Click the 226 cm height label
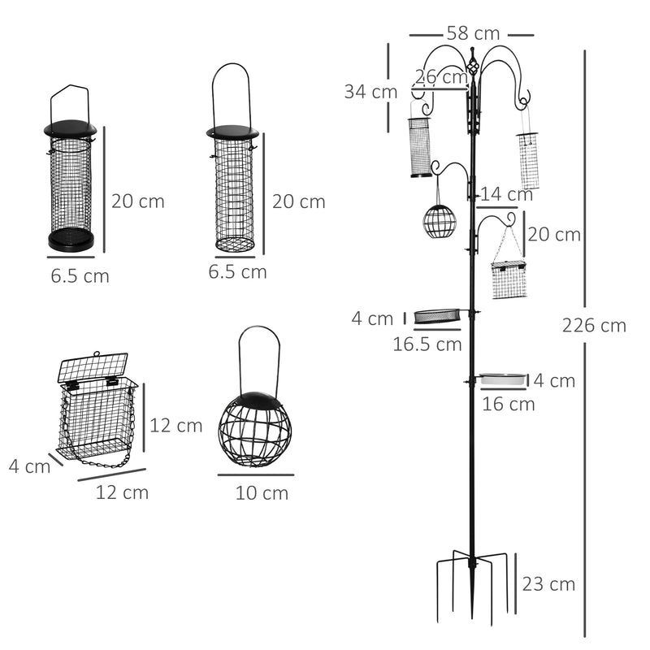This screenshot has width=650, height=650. [x=593, y=325]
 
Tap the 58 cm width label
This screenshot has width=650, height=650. [x=472, y=34]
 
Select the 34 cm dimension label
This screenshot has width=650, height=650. [x=370, y=92]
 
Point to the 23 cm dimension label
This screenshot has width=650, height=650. [x=549, y=583]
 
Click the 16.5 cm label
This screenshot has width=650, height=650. [x=427, y=344]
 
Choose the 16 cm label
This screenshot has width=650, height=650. [x=508, y=404]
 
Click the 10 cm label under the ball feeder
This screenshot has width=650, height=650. [x=262, y=492]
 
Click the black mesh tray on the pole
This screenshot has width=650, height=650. [x=439, y=314]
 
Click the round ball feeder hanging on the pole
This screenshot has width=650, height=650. [x=440, y=220]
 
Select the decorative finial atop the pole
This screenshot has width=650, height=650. [x=470, y=58]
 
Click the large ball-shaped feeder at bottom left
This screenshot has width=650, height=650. [x=252, y=427]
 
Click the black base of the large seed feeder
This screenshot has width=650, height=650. [x=72, y=240]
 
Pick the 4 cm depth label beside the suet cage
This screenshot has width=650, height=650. [x=29, y=466]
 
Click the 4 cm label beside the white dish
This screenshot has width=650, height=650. [x=554, y=380]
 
